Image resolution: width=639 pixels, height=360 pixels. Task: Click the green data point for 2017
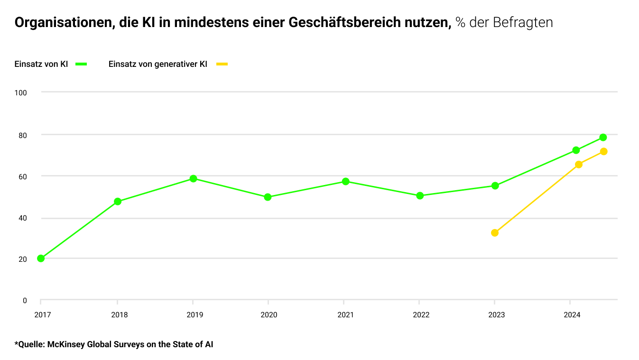(41, 258)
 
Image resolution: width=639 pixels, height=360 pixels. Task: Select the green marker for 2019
(193, 179)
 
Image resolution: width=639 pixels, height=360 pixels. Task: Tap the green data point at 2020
(268, 197)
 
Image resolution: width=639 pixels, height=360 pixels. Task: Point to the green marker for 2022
(420, 195)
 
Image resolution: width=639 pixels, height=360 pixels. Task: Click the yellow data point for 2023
(495, 233)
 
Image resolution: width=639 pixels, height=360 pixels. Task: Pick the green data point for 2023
(495, 186)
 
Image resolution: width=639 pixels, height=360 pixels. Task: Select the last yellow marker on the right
(603, 151)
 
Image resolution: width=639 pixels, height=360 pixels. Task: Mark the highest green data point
(603, 138)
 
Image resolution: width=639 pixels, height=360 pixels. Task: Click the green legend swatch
(81, 64)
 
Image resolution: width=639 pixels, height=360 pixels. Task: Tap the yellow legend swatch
(222, 64)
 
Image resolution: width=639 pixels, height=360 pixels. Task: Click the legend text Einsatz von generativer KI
(157, 64)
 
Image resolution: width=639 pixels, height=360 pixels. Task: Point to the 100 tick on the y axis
(20, 92)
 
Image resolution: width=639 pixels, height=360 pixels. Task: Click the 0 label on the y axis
(25, 301)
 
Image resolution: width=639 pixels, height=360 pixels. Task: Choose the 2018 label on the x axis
(119, 314)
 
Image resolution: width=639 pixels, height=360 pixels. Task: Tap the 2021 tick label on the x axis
(345, 314)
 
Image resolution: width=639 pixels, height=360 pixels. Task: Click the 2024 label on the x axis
(572, 314)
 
